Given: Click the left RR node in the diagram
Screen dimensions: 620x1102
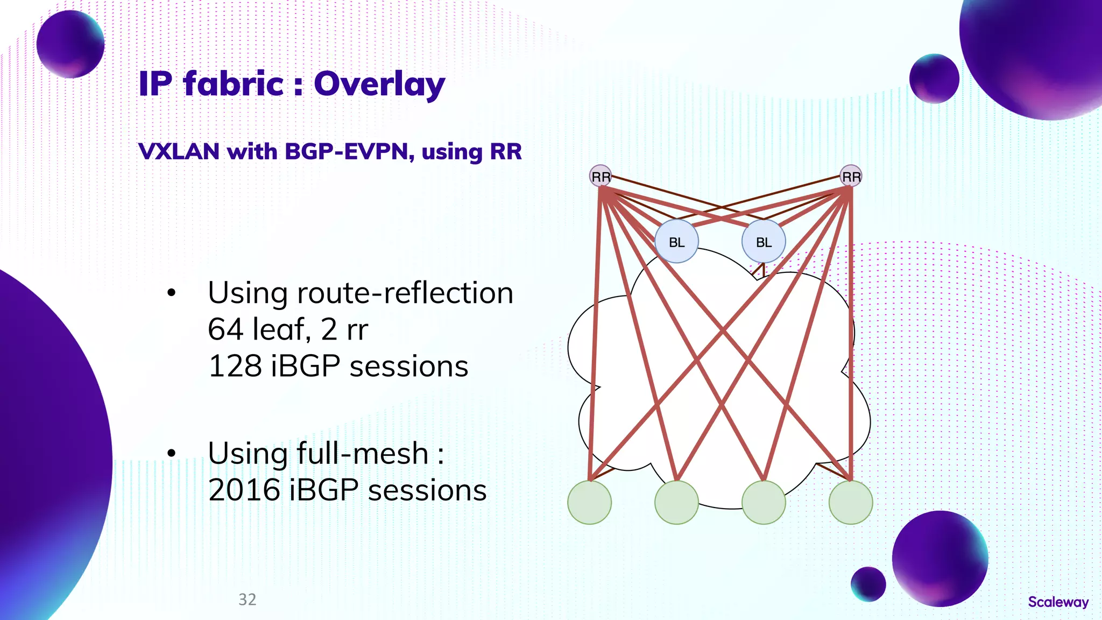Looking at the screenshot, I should coord(601,176).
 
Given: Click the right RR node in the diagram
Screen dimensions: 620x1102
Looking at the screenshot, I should coord(851,176).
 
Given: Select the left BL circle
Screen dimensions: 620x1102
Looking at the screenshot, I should coord(676,242).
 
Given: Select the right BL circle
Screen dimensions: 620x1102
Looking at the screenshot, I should coord(764,242).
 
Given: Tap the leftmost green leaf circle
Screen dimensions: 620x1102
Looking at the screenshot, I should coord(590,502).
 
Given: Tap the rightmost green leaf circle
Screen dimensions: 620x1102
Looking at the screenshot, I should coord(851,502).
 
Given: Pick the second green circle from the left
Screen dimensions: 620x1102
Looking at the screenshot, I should coord(676,502).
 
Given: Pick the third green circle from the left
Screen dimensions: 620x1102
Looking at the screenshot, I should coord(764,502).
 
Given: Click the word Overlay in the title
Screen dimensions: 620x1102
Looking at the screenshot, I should coord(379,84).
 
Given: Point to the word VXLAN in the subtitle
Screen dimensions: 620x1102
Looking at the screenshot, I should coord(179,152).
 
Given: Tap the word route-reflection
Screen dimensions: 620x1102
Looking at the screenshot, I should coord(405,293).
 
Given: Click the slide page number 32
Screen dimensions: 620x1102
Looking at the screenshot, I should coord(248,600).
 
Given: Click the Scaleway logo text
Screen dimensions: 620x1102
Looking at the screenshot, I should coord(1058,602).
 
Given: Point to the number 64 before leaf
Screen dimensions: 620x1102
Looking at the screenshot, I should coord(225,329).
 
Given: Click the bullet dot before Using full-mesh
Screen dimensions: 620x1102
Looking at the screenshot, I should coord(171,453).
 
